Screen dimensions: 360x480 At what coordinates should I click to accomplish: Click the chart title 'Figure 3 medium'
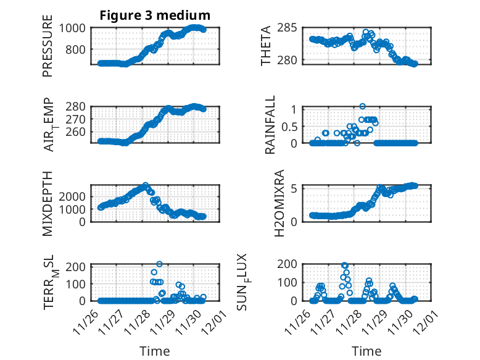click(x=155, y=15)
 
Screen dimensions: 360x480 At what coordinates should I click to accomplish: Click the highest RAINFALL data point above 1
click(x=362, y=106)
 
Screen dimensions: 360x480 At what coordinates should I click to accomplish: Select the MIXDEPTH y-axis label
click(x=48, y=203)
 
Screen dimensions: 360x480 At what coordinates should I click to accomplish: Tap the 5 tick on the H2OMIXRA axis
click(x=295, y=188)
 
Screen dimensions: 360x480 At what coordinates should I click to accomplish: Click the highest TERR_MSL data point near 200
click(x=159, y=264)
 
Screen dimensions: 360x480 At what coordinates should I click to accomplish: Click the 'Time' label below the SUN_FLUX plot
click(x=366, y=351)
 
